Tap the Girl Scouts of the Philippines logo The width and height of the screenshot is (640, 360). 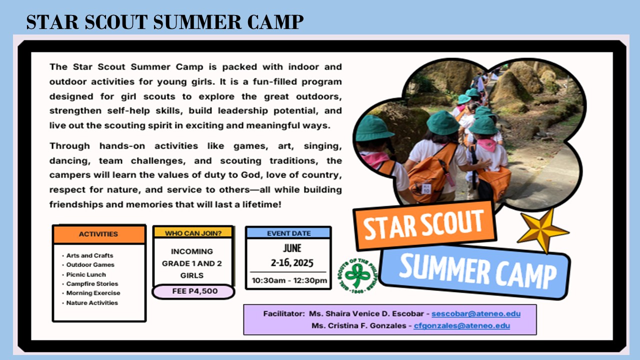click(x=357, y=275)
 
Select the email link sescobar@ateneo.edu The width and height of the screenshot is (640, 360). click(x=476, y=314)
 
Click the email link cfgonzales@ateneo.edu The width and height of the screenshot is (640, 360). click(x=462, y=325)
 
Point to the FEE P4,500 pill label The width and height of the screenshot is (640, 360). click(x=193, y=291)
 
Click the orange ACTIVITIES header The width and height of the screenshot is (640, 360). click(x=98, y=234)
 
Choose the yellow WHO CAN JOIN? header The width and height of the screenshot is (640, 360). click(x=192, y=232)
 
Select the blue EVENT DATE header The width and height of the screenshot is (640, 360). click(x=288, y=233)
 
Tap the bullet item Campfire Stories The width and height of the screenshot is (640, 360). click(x=92, y=284)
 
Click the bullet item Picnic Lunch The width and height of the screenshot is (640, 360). click(x=86, y=274)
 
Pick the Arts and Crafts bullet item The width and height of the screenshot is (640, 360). click(x=90, y=255)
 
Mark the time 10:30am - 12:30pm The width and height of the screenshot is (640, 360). click(x=288, y=280)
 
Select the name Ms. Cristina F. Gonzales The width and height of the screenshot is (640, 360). click(x=359, y=325)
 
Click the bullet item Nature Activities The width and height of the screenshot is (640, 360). click(x=92, y=303)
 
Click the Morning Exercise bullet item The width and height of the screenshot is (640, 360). click(x=93, y=293)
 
